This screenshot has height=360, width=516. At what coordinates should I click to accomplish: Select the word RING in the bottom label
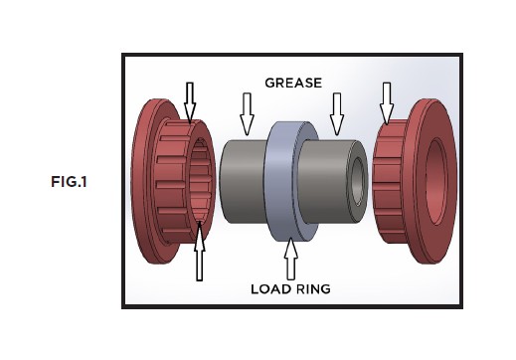(x=314, y=289)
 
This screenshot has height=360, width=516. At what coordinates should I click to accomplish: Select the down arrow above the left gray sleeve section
(x=246, y=112)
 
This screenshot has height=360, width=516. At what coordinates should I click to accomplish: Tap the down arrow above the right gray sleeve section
(x=336, y=112)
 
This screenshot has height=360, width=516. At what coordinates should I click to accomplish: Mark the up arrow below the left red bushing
(x=198, y=253)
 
